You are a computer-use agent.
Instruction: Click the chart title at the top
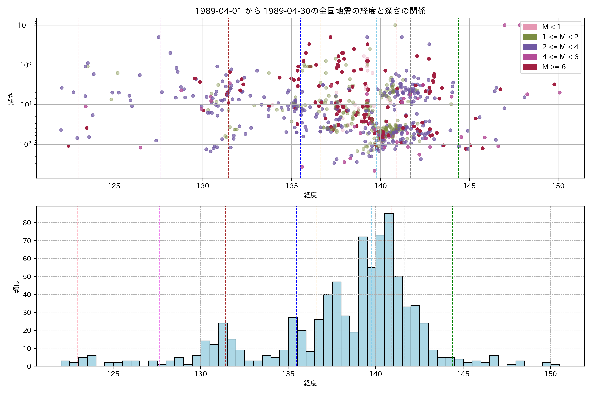coord(310,11)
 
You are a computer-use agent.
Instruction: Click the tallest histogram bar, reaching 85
coord(389,289)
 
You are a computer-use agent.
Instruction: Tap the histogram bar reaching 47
coord(336,324)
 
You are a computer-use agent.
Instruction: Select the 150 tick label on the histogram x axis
coord(550,374)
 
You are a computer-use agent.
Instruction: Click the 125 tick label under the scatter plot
coord(114,186)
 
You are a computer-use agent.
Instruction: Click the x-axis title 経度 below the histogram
coord(310,383)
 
